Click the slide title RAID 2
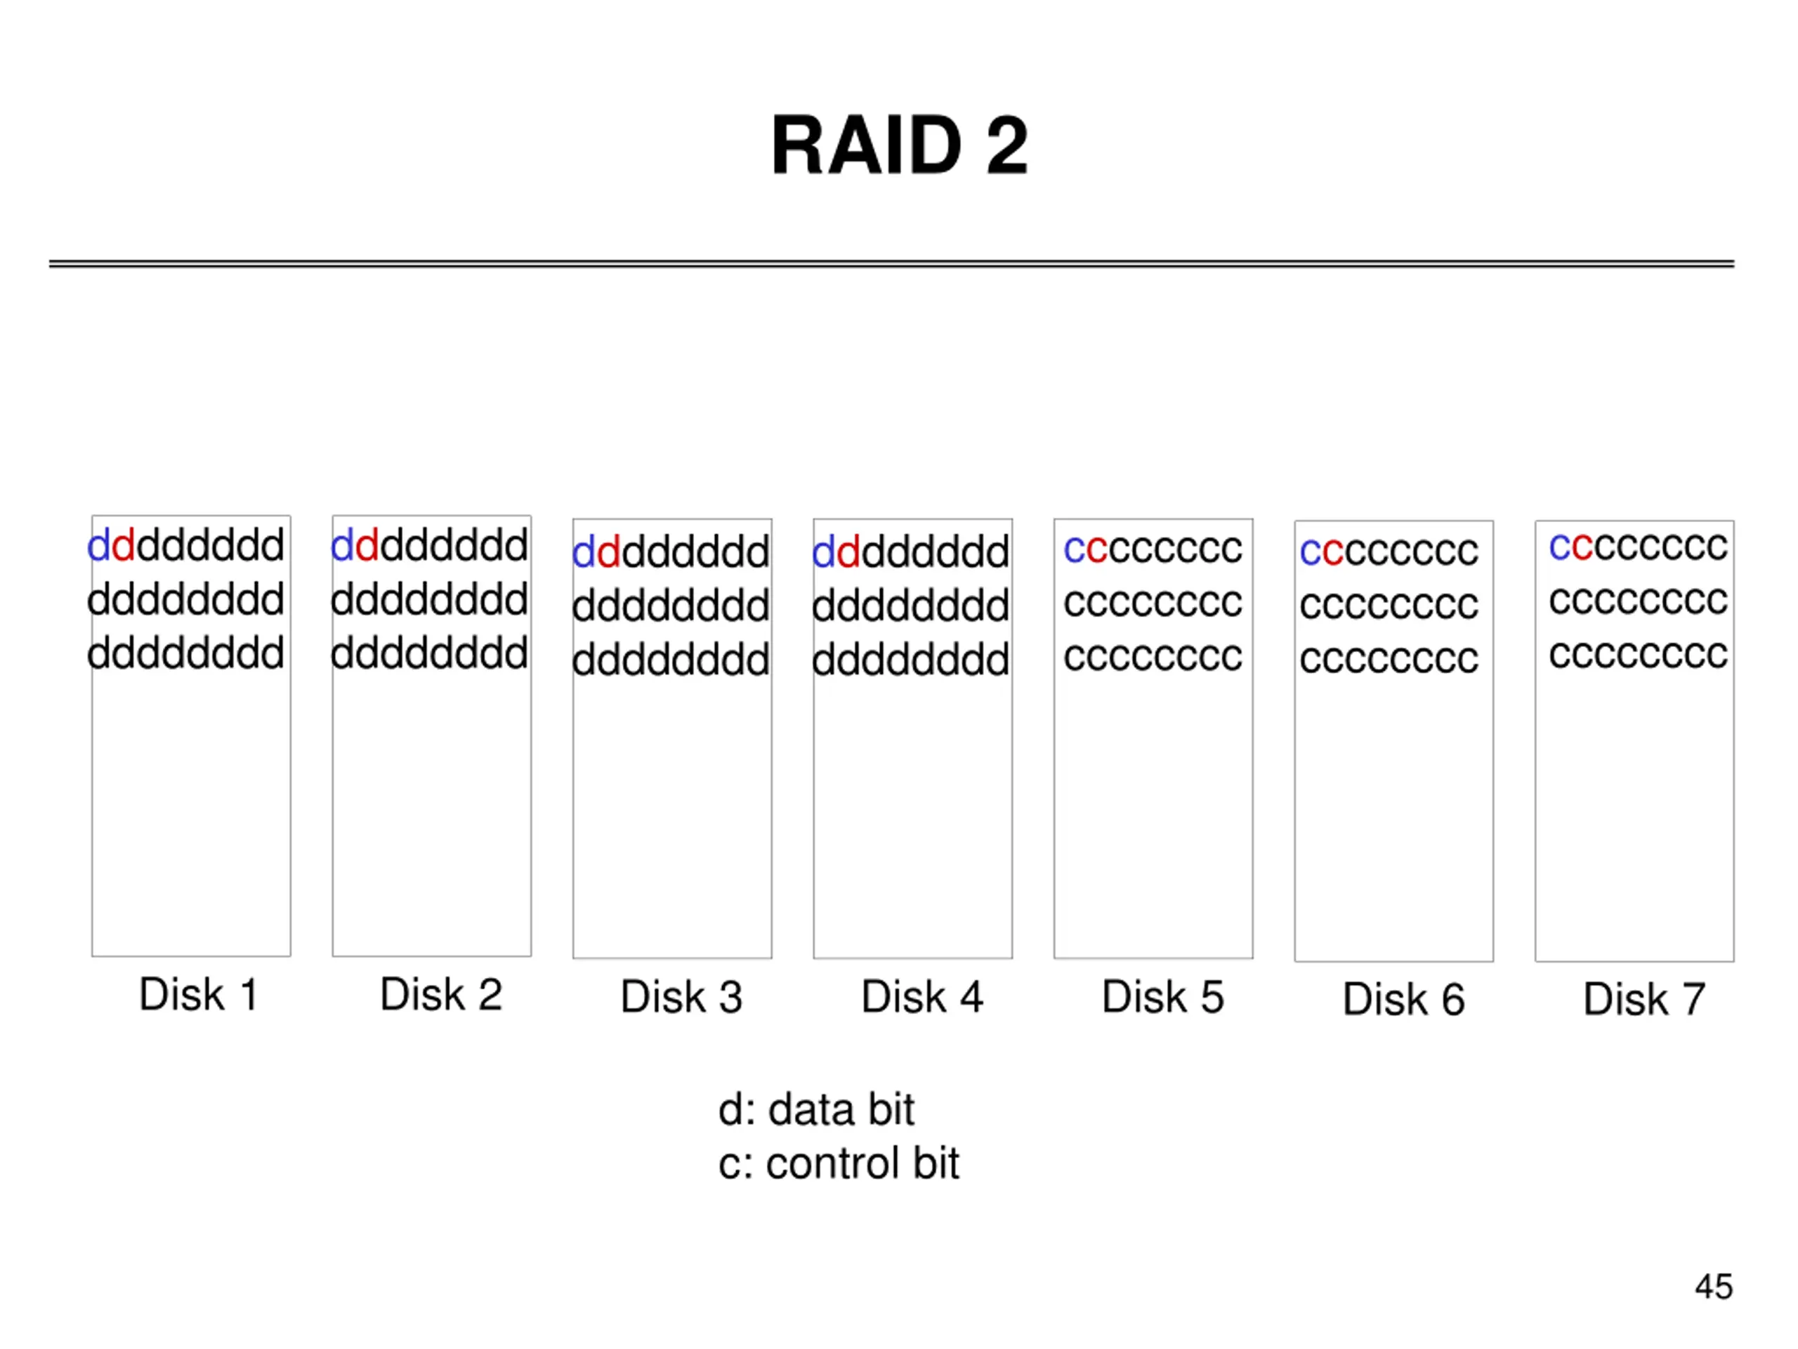[899, 145]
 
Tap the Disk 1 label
[198, 994]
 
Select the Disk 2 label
[441, 994]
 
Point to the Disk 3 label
[681, 997]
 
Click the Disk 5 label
[1162, 997]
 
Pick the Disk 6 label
[1404, 999]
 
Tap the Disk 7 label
[1643, 999]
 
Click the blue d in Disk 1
[98, 544]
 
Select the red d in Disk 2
[367, 544]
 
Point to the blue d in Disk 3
[584, 552]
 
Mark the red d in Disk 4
[848, 552]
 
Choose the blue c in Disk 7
[1560, 547]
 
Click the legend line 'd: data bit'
[816, 1109]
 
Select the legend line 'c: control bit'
[839, 1163]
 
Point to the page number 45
[1714, 1287]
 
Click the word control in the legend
[831, 1163]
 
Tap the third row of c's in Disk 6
[1389, 658]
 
